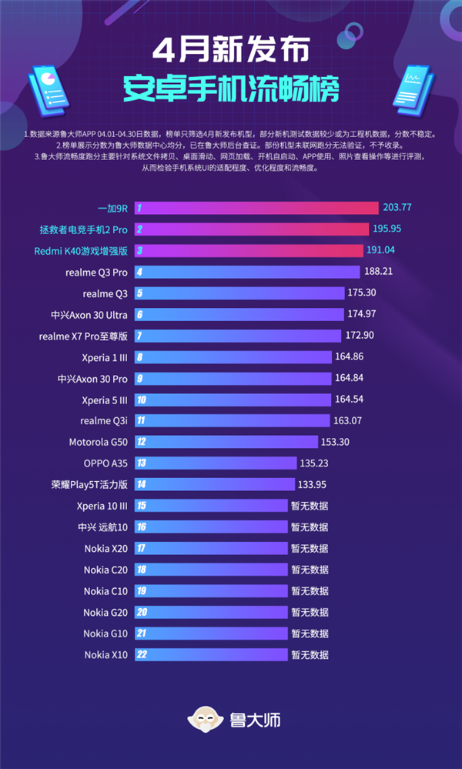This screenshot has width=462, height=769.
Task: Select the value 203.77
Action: click(x=398, y=208)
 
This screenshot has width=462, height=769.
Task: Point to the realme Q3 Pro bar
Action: click(x=247, y=272)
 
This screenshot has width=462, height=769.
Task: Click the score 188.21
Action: click(x=379, y=272)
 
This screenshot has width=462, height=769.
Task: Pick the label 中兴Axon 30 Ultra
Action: click(x=89, y=314)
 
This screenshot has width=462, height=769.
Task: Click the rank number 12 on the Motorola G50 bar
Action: click(x=141, y=442)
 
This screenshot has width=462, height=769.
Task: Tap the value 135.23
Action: click(x=315, y=463)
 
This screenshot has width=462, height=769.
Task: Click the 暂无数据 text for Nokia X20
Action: click(x=310, y=549)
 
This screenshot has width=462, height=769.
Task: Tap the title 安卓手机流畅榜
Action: click(x=231, y=89)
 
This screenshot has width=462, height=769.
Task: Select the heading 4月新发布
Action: click(x=231, y=51)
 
